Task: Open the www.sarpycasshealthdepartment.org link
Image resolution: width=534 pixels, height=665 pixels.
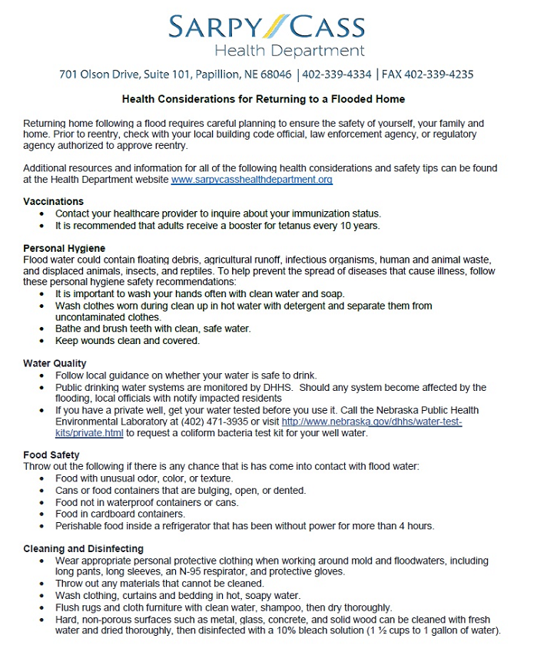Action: click(251, 180)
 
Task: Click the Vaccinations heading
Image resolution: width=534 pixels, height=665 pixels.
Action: click(53, 201)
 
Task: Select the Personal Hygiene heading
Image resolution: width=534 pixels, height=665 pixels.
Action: click(64, 249)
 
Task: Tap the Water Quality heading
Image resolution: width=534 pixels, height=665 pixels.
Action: click(55, 363)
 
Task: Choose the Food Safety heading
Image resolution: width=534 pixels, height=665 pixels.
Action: click(51, 455)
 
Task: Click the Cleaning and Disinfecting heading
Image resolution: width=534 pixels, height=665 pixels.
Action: click(83, 549)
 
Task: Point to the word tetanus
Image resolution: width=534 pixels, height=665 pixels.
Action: click(308, 226)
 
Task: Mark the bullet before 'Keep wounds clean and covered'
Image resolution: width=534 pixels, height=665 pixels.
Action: click(41, 341)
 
